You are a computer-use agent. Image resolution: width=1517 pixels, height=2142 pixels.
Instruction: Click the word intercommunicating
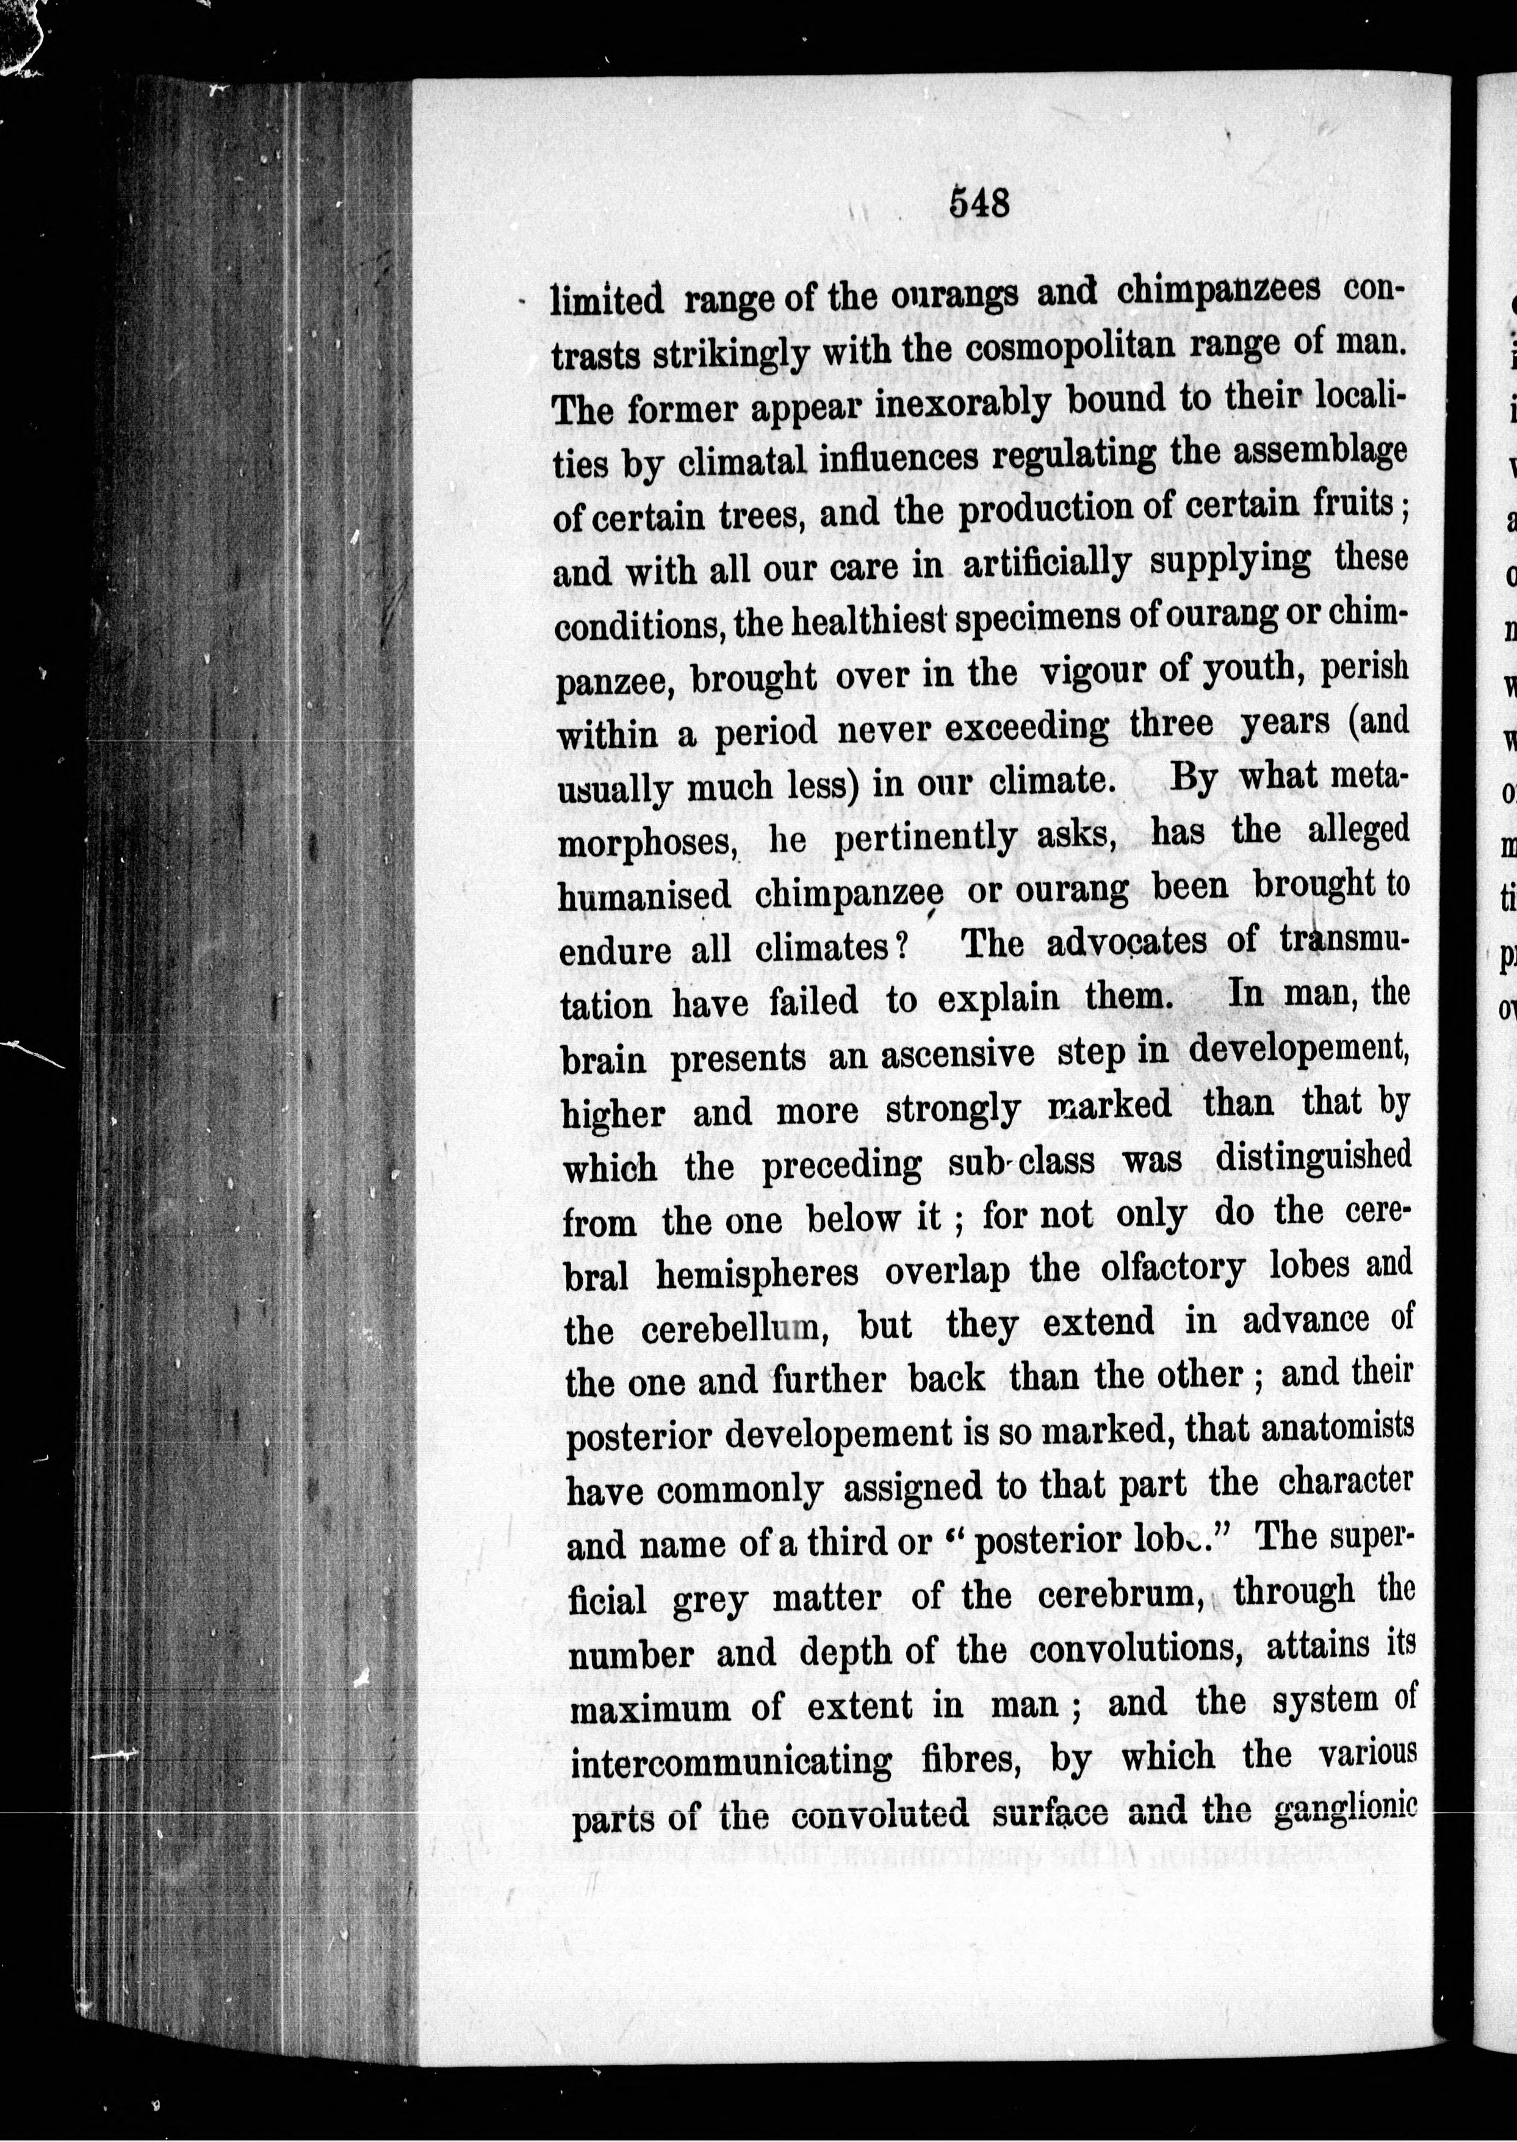click(730, 1763)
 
